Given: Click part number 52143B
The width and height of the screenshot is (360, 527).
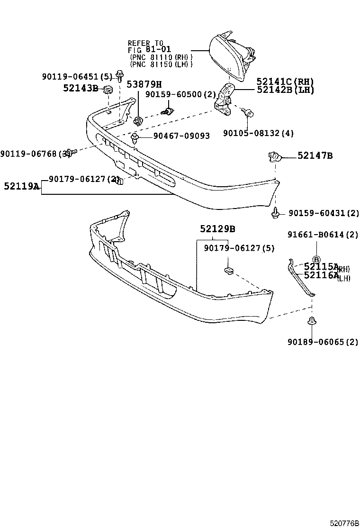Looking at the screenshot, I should click(81, 88).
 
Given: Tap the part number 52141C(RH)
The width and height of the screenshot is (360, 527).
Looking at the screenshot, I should click(285, 82).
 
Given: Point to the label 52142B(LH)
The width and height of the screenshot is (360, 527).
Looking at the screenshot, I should click(285, 90).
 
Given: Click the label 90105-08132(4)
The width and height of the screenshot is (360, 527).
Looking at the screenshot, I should click(258, 134).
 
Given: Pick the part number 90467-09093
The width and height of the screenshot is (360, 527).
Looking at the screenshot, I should click(181, 136).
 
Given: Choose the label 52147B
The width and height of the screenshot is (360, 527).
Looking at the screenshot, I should click(315, 155).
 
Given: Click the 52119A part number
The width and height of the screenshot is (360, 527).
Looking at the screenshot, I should click(22, 186).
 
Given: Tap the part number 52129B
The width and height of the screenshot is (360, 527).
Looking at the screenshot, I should click(217, 229).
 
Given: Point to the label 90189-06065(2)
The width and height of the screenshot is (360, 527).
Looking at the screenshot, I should click(323, 342).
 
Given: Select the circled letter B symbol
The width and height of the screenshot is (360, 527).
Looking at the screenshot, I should click(316, 246).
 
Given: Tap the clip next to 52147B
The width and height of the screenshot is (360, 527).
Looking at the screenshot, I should click(275, 156).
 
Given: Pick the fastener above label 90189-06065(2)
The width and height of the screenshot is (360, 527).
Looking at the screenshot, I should click(312, 321).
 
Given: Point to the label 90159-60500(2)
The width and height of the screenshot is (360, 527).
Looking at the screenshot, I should click(180, 94).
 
